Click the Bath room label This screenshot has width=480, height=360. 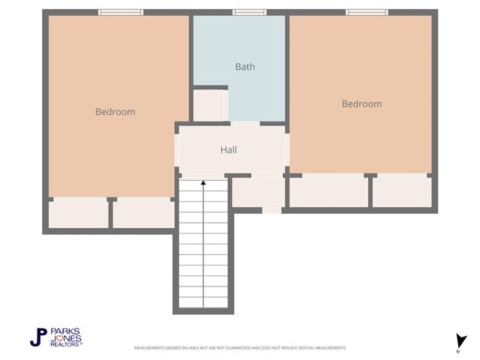244,67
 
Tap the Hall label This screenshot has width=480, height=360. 229,150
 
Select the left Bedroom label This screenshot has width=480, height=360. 115,112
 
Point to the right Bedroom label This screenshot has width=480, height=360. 361,104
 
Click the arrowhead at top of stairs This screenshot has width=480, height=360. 203,182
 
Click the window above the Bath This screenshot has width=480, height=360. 249,12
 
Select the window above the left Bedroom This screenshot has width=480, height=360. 121,12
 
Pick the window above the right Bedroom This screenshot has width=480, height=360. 367,12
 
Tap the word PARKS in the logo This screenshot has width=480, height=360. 65,331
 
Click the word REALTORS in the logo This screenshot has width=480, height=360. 65,343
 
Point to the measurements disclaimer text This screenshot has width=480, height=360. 240,348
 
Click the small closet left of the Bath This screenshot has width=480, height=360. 209,105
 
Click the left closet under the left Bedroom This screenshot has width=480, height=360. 79,213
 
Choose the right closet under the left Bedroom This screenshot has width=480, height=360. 143,213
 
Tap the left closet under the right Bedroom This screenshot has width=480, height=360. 328,192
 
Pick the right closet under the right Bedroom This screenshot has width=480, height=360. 402,192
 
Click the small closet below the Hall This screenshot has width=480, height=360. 257,192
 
